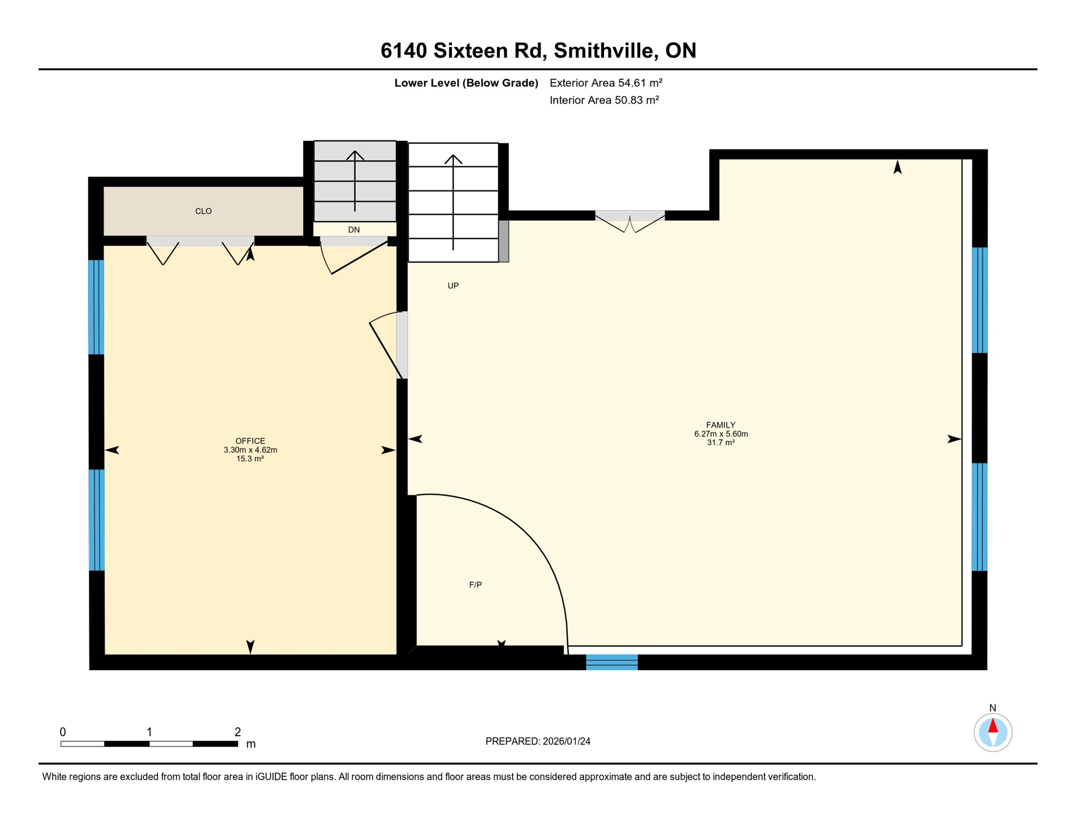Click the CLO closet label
pos(204,211)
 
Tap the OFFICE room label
pos(250,441)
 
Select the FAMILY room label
pos(720,425)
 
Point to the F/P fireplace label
pos(475,585)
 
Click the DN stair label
pos(354,230)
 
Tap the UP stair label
pos(453,286)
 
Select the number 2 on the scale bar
pos(238,732)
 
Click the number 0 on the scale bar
pos(63,732)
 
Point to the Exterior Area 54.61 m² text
pos(606,83)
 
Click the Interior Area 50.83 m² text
pos(604,100)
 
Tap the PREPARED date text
pos(537,741)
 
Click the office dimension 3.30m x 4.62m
pos(250,450)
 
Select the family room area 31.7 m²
pos(720,443)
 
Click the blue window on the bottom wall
pos(612,662)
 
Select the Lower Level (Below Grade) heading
pos(466,83)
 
